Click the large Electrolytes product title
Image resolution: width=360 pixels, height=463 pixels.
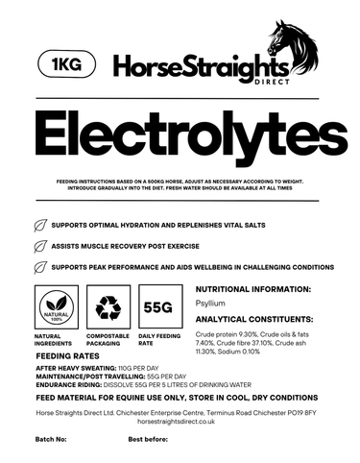(x=180, y=137)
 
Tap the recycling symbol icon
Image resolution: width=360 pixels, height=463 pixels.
(x=107, y=307)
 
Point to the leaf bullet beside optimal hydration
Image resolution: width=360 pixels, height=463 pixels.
(x=40, y=226)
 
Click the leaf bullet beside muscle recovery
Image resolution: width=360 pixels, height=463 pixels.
(x=40, y=246)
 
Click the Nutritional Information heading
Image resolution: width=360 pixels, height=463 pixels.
(x=253, y=289)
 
